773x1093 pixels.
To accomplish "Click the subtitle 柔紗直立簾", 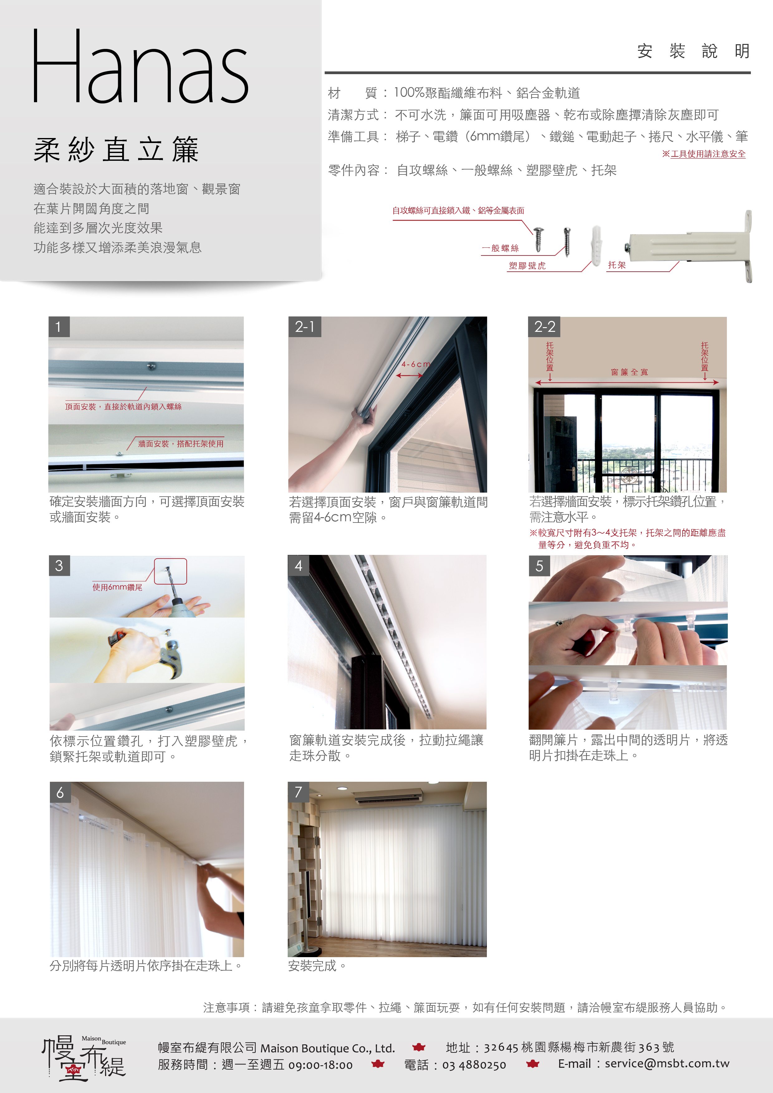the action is pyautogui.click(x=116, y=150).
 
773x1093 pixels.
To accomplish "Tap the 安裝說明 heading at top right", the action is pyautogui.click(x=694, y=51).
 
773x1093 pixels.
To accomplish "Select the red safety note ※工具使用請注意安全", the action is pyautogui.click(x=704, y=154).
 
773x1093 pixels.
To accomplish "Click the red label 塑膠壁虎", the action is pyautogui.click(x=527, y=266).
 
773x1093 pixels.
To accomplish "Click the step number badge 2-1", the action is pyautogui.click(x=305, y=327).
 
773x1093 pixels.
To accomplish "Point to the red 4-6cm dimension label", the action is pyautogui.click(x=415, y=364).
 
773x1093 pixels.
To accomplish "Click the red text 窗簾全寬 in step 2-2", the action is pyautogui.click(x=629, y=372).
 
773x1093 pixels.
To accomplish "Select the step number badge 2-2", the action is pyautogui.click(x=545, y=327).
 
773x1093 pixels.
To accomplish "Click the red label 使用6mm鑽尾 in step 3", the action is pyautogui.click(x=117, y=587).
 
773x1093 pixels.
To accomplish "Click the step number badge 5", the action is pyautogui.click(x=539, y=566).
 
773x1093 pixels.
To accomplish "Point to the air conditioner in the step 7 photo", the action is pyautogui.click(x=388, y=796).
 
